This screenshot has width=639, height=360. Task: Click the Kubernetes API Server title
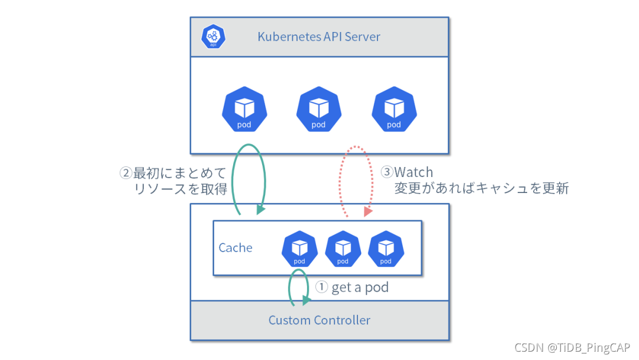click(x=318, y=37)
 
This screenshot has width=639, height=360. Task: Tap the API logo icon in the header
click(x=213, y=37)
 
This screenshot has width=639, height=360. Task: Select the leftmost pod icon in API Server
click(x=244, y=110)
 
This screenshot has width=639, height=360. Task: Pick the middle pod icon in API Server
click(x=319, y=110)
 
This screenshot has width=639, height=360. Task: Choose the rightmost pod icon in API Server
click(x=393, y=110)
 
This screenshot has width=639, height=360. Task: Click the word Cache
click(x=235, y=247)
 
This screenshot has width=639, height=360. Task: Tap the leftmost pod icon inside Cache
click(x=299, y=249)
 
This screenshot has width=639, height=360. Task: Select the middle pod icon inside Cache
click(x=343, y=249)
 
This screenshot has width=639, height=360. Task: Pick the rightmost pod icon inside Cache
click(x=386, y=249)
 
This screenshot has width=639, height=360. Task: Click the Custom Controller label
click(x=319, y=320)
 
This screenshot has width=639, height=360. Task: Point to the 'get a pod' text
click(x=360, y=288)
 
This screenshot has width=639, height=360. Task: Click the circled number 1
click(x=321, y=287)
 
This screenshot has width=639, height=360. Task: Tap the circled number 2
click(x=125, y=173)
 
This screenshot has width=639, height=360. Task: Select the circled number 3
click(x=387, y=172)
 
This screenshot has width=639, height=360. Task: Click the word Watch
click(x=414, y=172)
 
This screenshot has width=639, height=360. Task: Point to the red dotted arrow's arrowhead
click(x=367, y=211)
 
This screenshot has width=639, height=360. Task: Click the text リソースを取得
click(x=181, y=189)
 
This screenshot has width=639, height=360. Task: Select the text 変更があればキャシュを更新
click(x=482, y=189)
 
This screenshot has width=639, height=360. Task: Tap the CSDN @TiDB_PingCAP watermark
click(x=572, y=347)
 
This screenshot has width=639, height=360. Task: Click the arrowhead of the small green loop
click(x=306, y=301)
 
